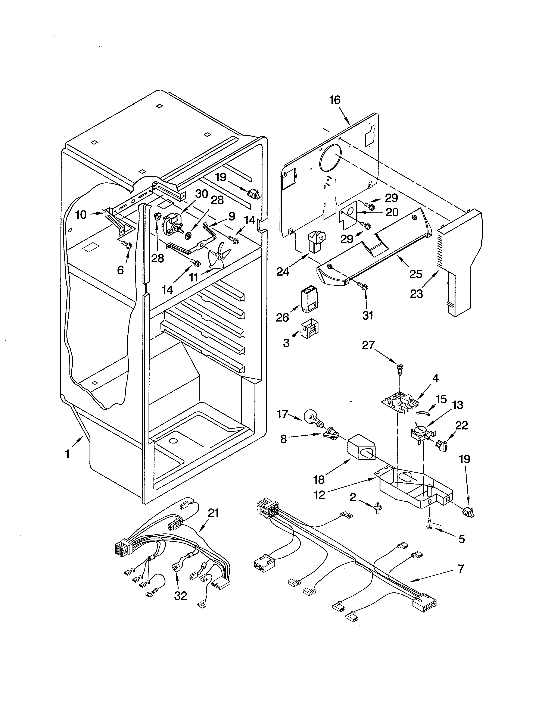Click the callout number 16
point(335,100)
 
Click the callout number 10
point(81,215)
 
